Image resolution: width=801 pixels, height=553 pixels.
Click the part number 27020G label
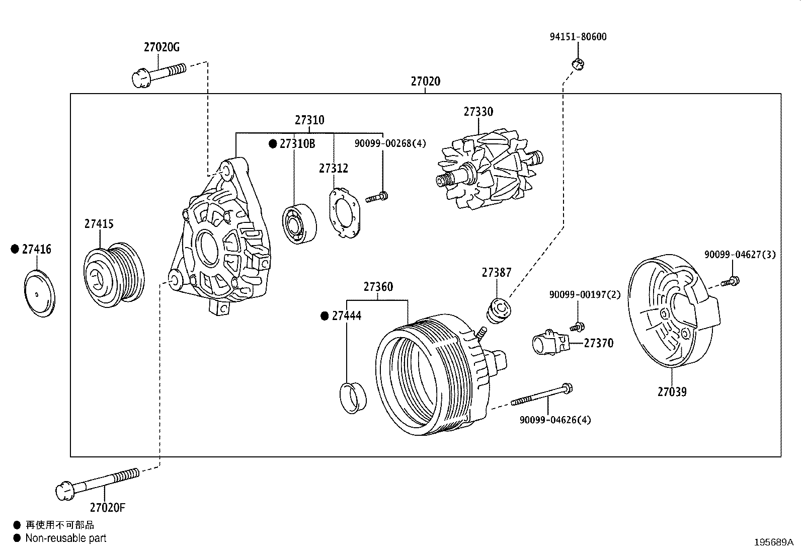(161, 48)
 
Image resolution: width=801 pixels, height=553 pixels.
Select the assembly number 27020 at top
(425, 82)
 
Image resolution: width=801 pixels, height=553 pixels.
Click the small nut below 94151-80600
(578, 63)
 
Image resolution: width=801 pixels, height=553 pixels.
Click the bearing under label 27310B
(299, 223)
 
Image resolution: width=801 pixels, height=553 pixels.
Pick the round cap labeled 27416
(39, 293)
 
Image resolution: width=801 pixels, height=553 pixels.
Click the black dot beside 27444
(325, 316)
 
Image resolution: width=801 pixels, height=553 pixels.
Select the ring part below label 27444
(354, 397)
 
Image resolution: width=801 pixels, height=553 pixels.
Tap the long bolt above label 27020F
(98, 482)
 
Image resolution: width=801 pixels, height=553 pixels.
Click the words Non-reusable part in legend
(66, 538)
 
